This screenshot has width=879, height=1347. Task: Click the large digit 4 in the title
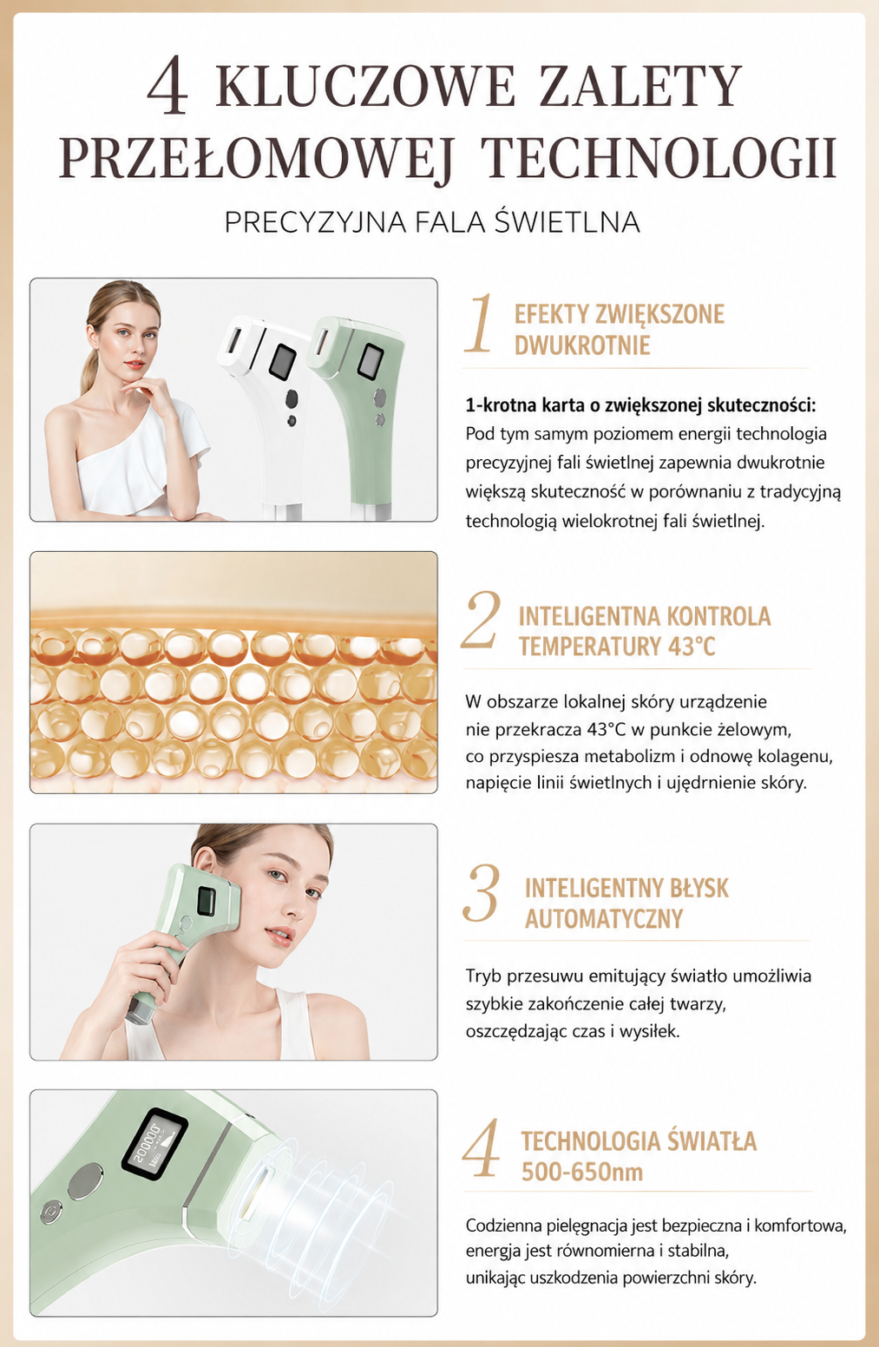tap(168, 85)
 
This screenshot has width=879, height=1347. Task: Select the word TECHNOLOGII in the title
tap(661, 157)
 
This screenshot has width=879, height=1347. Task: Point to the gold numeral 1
tap(479, 323)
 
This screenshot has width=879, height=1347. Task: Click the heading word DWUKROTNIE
tap(582, 345)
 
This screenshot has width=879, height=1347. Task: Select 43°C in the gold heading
tap(692, 647)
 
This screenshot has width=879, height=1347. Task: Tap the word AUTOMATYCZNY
tap(604, 918)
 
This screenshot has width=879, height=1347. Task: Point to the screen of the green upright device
tap(369, 359)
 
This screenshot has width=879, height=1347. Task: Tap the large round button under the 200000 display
tap(85, 1180)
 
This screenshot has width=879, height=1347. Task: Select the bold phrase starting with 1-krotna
tap(641, 405)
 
